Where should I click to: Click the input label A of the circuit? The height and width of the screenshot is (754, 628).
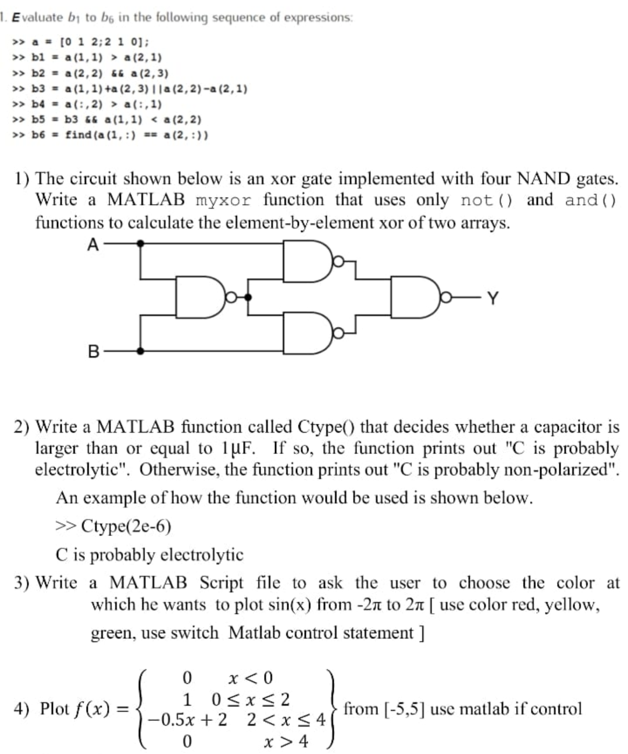(93, 244)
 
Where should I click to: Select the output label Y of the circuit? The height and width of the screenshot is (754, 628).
(493, 299)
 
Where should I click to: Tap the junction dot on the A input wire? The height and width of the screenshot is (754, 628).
(140, 244)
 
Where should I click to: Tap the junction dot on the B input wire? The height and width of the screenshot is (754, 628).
(140, 351)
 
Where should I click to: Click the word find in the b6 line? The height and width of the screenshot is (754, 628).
(78, 135)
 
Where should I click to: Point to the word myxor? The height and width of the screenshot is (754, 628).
(224, 201)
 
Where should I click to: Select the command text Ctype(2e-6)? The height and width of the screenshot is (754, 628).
(126, 526)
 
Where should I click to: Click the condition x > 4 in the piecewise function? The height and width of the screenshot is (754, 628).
(286, 741)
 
